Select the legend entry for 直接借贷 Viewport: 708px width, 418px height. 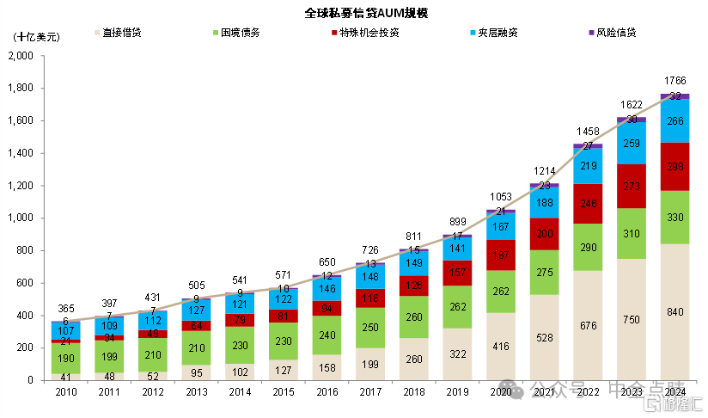[121, 33]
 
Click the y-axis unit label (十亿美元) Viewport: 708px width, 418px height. [37, 37]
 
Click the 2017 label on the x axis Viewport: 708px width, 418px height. [369, 392]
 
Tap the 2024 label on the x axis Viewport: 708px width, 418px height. [674, 392]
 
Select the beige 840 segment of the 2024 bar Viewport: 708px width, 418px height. [674, 311]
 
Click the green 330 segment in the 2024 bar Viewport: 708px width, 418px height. [674, 218]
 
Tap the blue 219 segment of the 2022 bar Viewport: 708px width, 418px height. [588, 166]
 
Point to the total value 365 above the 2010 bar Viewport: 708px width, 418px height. [65, 309]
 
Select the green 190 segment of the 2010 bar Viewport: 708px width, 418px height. [65, 358]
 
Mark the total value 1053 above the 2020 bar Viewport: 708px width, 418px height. [500, 197]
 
